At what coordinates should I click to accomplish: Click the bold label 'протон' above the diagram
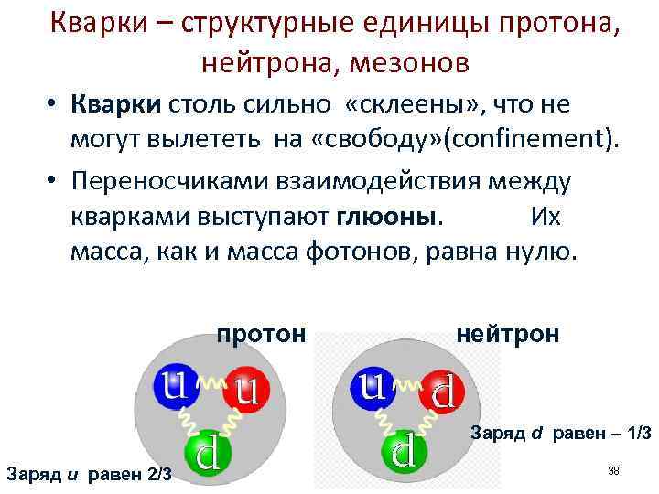(x=261, y=334)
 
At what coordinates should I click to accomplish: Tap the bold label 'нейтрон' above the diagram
(x=506, y=334)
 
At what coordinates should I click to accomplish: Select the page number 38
(x=613, y=470)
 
